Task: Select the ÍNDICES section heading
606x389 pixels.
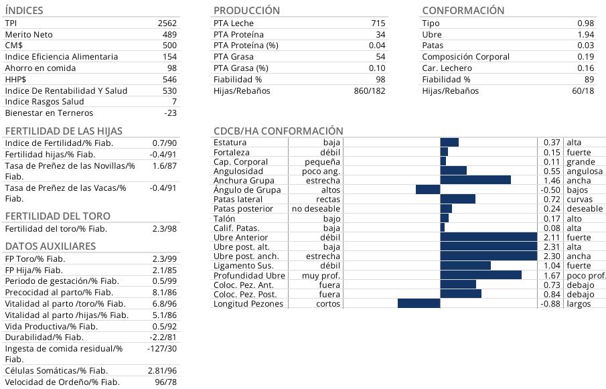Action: [x=24, y=11]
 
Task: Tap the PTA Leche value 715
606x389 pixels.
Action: [x=378, y=23]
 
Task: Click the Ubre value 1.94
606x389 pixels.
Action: [x=585, y=34]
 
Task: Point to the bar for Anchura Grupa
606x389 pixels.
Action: [x=475, y=180]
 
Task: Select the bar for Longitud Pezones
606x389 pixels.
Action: [x=419, y=303]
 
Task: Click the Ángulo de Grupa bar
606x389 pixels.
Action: [x=428, y=189]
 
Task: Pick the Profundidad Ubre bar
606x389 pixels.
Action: [x=481, y=275]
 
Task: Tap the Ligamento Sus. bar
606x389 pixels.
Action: [x=465, y=266]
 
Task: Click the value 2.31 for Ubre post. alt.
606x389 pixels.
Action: [x=551, y=247]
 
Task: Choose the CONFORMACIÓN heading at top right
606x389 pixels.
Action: [x=463, y=11]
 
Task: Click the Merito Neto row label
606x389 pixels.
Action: [x=29, y=34]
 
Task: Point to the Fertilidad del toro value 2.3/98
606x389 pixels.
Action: [x=165, y=229]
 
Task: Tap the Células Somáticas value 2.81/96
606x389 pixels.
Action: [x=162, y=371]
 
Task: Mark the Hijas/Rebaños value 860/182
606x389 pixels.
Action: [x=370, y=91]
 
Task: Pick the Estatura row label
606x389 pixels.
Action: [x=230, y=143]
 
